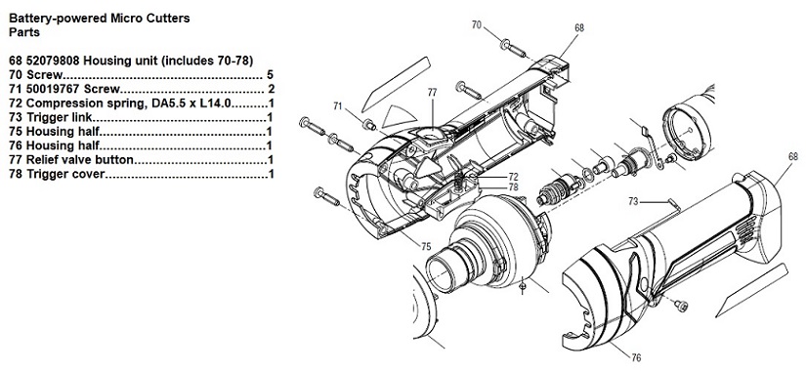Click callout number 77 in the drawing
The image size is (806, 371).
[x=432, y=93]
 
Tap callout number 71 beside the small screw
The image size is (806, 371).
[x=338, y=106]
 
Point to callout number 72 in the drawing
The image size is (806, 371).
[x=514, y=177]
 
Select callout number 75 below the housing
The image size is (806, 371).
[x=426, y=247]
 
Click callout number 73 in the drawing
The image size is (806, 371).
[x=633, y=202]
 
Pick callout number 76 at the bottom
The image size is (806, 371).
[x=636, y=358]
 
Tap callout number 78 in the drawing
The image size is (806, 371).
[x=514, y=187]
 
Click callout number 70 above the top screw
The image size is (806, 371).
[x=477, y=24]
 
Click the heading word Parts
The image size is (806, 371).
[x=24, y=32]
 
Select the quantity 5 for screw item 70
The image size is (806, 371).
[x=271, y=75]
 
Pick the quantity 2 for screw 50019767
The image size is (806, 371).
[x=272, y=90]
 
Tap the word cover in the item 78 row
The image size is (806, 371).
[x=88, y=174]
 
